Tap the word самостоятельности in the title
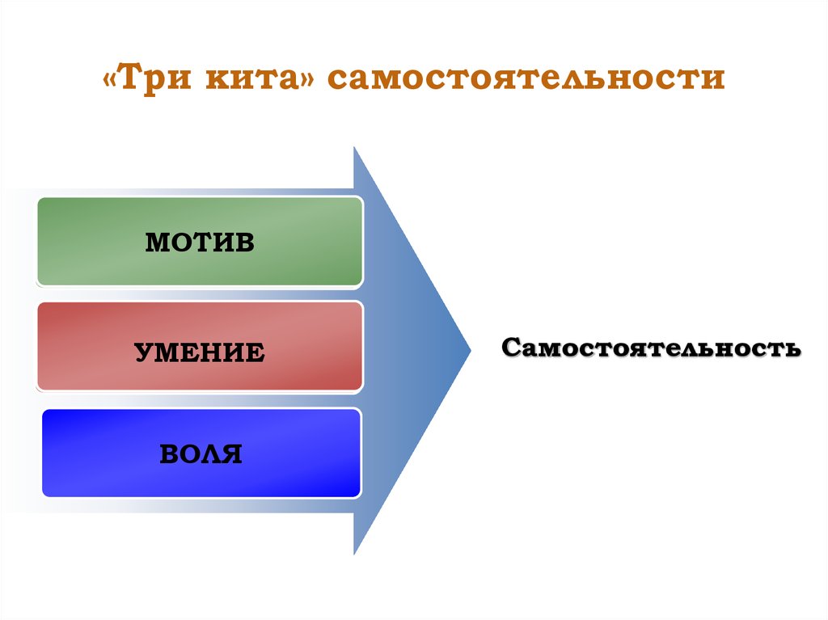[526, 80]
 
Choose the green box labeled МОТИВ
[200, 242]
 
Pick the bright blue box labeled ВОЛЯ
[201, 453]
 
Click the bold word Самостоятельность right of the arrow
[651, 348]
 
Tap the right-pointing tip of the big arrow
[468, 350]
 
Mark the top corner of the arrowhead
[355, 149]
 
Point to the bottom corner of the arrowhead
[355, 552]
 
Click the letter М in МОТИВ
[157, 243]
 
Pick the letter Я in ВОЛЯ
[231, 453]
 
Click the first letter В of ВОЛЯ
[168, 453]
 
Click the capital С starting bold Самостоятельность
[511, 348]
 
